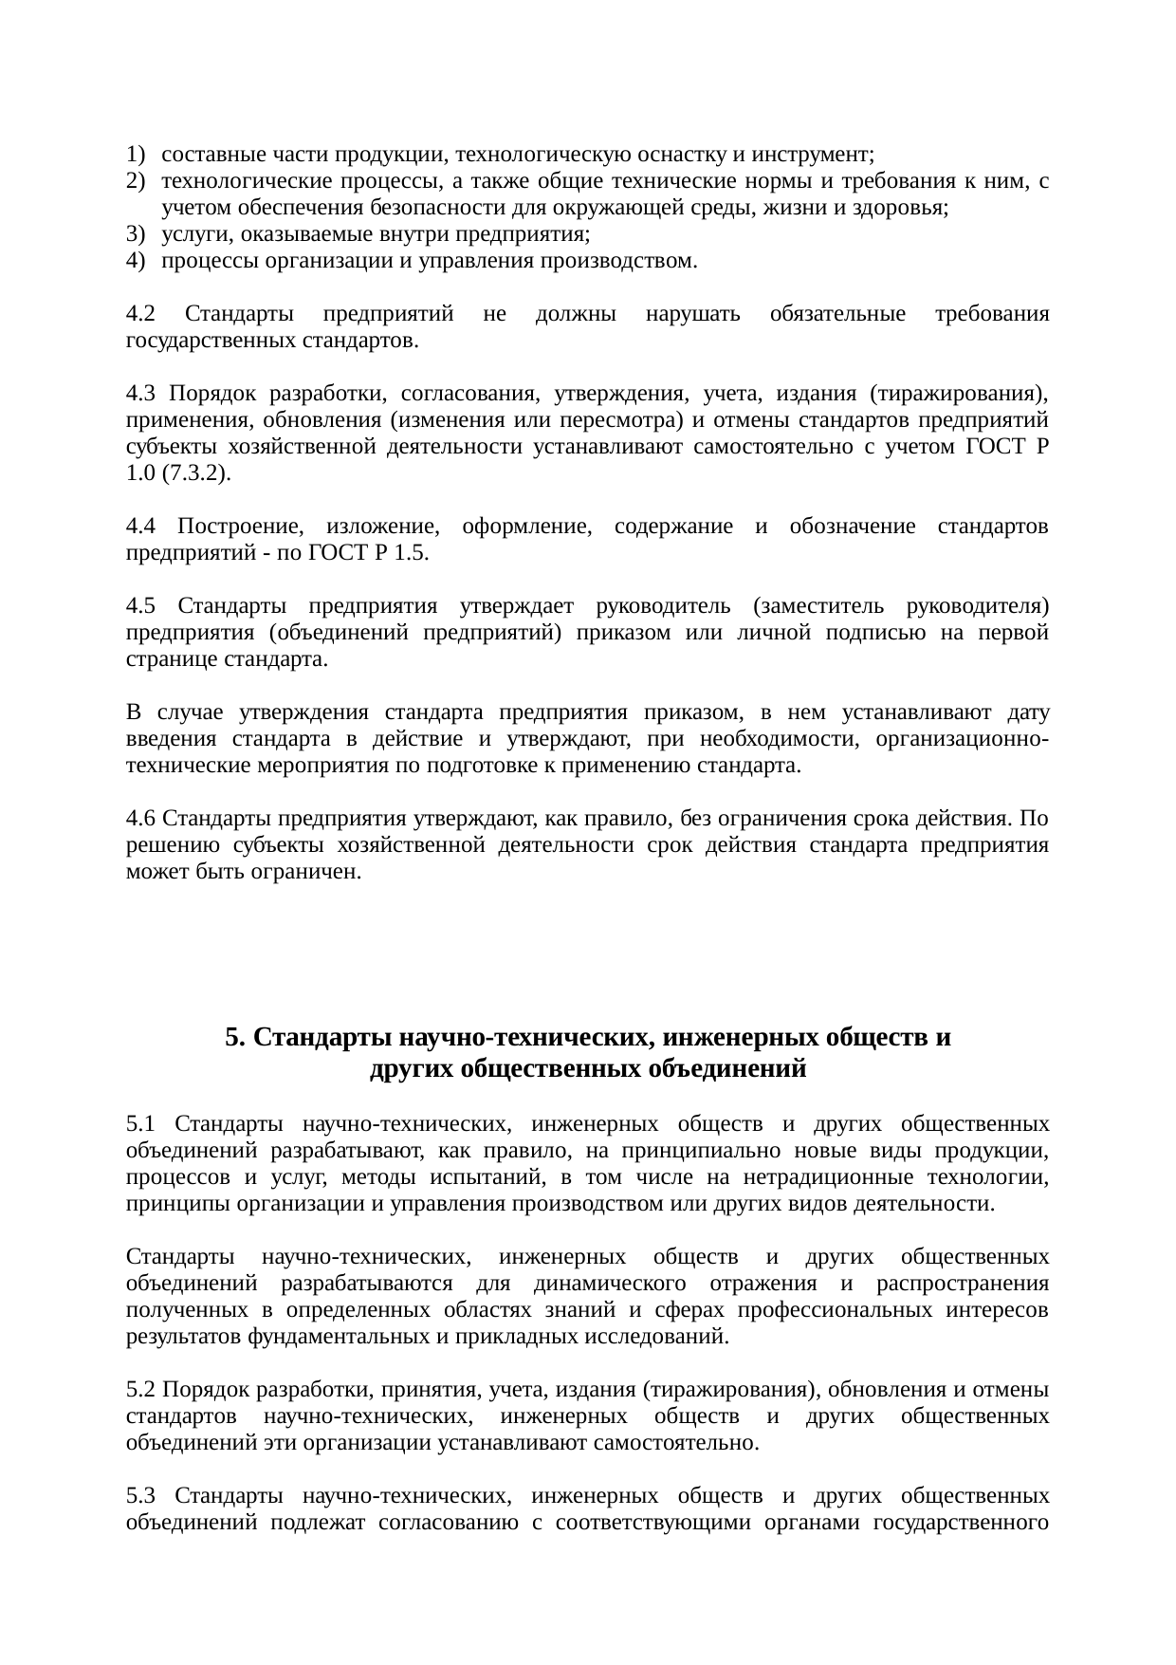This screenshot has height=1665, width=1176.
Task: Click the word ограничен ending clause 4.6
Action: (316, 872)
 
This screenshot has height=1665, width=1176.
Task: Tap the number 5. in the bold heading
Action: (236, 1038)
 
